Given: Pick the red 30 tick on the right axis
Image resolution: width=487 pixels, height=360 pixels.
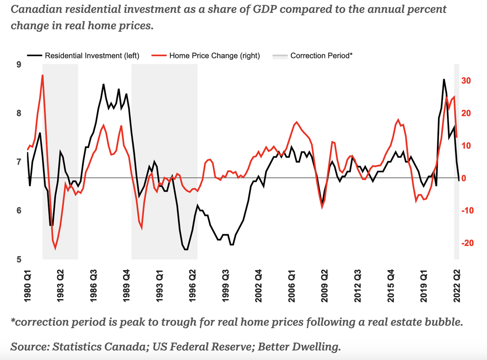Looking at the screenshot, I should tap(467, 81).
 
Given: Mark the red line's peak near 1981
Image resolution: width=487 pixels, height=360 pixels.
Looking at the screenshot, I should tap(43, 75).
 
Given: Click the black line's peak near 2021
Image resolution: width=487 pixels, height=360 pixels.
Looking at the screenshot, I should tap(444, 79).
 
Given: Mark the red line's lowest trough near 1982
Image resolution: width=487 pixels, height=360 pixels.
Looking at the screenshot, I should tap(55, 249).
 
